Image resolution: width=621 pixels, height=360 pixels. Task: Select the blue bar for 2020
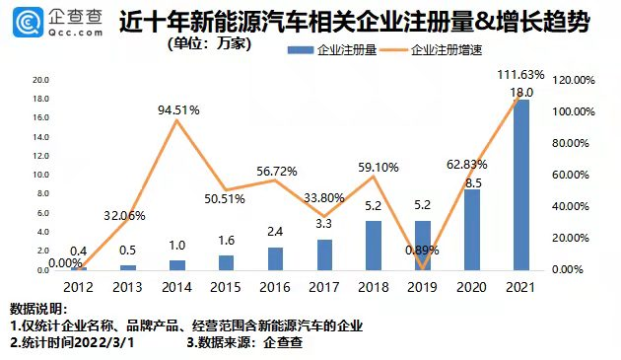472,230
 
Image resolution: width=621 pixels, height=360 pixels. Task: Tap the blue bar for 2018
374,245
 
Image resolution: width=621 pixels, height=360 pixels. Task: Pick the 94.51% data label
178,109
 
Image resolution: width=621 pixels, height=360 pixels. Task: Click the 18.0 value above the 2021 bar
522,91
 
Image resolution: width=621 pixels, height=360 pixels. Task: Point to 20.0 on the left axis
40,80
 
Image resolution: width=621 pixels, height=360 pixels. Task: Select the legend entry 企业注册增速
444,49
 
